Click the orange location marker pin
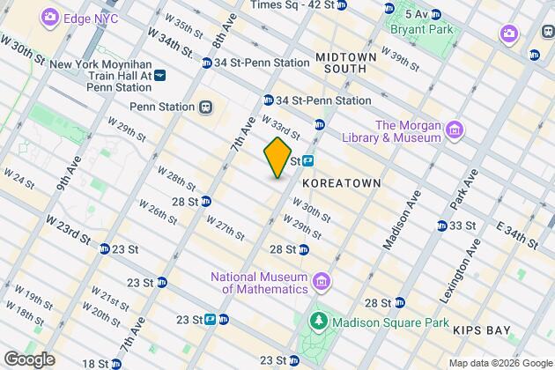pyautogui.click(x=277, y=158)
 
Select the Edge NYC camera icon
pyautogui.click(x=50, y=17)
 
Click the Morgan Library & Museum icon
pyautogui.click(x=455, y=131)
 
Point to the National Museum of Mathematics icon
pyautogui.click(x=322, y=282)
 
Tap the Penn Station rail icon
pyautogui.click(x=205, y=107)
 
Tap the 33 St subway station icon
pyautogui.click(x=441, y=226)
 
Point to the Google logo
pyautogui.click(x=28, y=359)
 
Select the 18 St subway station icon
pyautogui.click(x=115, y=363)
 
